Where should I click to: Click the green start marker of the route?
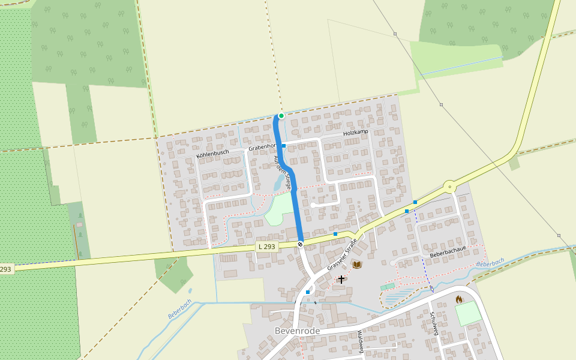coord(281,116)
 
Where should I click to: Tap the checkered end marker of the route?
coord(300,244)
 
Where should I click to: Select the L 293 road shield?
coord(267,247)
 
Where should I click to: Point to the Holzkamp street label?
coord(355,132)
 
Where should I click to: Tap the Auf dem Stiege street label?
coord(283,172)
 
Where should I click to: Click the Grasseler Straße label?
coord(342,254)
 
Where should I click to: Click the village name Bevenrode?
coord(297,331)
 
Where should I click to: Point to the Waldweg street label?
coord(361,342)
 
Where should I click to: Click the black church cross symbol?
coord(341,279)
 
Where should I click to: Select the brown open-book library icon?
coord(357,264)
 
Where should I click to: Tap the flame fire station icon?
coord(459,299)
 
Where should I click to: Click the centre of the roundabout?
coord(450,187)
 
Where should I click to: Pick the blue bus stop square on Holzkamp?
coord(284,146)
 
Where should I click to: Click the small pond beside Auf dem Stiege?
coord(278,182)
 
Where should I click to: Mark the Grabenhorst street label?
coord(262,147)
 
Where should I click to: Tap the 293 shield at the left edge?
coord(5,269)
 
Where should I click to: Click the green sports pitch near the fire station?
coord(468,314)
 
